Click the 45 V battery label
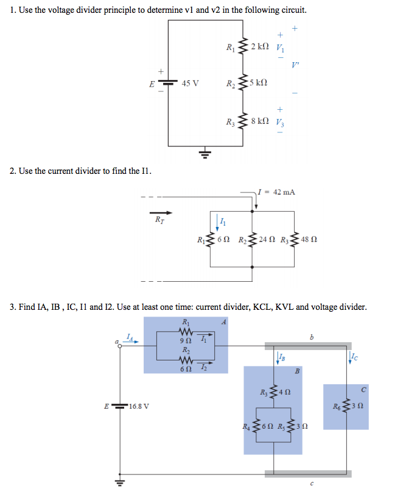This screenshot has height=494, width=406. tap(190, 83)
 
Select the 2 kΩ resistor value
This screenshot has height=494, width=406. tap(259, 47)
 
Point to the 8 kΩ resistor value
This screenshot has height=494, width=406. tap(259, 121)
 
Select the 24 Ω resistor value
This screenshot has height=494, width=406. tap(268, 240)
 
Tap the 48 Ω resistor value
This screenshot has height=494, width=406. tap(309, 240)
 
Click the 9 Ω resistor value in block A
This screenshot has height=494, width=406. tap(184, 340)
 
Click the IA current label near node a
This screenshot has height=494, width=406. tap(129, 337)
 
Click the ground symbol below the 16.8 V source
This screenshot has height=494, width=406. tap(120, 483)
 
